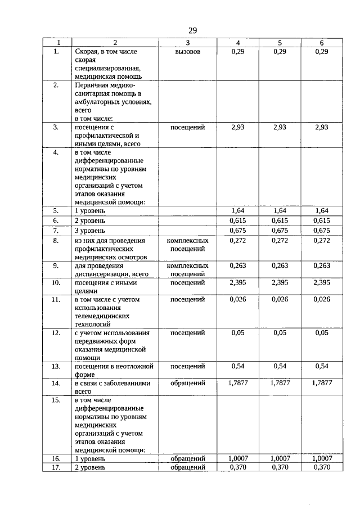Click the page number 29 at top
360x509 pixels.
click(x=192, y=30)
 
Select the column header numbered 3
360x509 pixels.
click(x=188, y=43)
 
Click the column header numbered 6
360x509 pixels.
click(x=322, y=43)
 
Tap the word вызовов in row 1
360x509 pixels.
click(x=188, y=52)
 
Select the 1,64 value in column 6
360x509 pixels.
click(x=322, y=210)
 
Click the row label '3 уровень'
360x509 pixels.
click(x=90, y=231)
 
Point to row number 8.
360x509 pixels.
click(x=56, y=241)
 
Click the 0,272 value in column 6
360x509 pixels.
click(x=322, y=241)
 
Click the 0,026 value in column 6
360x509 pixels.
click(x=322, y=300)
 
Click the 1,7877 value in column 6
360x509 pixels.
click(x=322, y=383)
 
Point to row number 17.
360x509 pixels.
click(x=56, y=467)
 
